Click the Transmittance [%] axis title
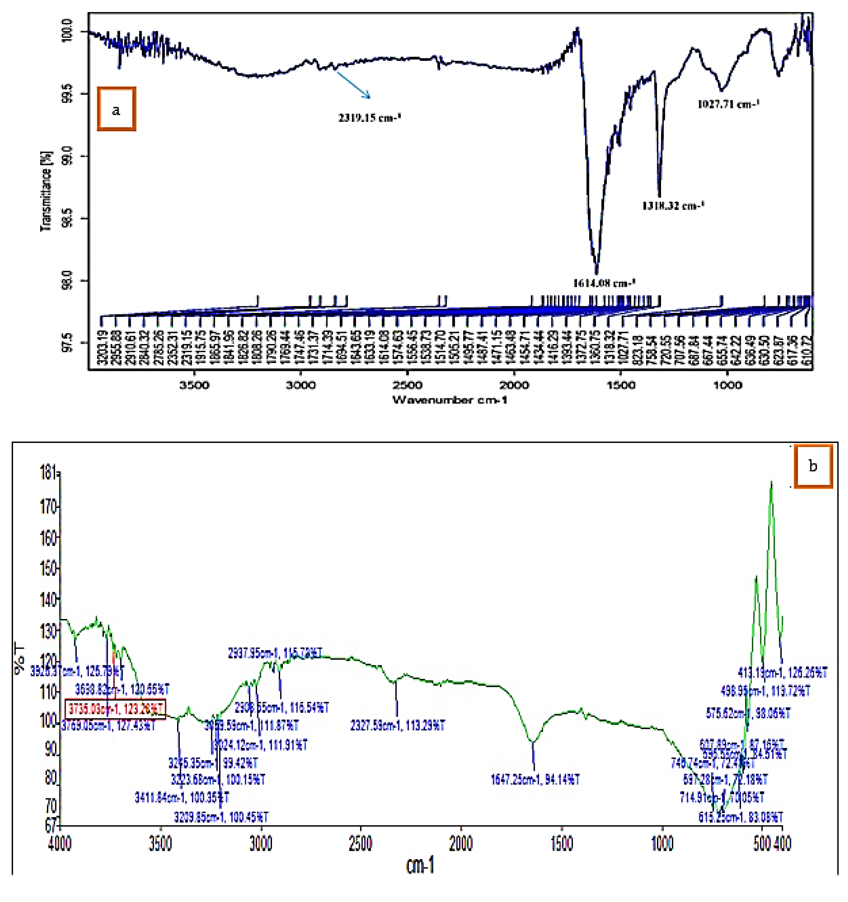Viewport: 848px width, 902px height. coord(46,191)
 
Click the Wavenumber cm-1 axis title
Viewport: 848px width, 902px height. coord(449,400)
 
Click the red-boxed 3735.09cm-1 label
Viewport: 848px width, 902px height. coord(115,708)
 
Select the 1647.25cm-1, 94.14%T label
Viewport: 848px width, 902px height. coord(535,780)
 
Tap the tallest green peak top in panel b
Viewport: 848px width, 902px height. coord(771,482)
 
